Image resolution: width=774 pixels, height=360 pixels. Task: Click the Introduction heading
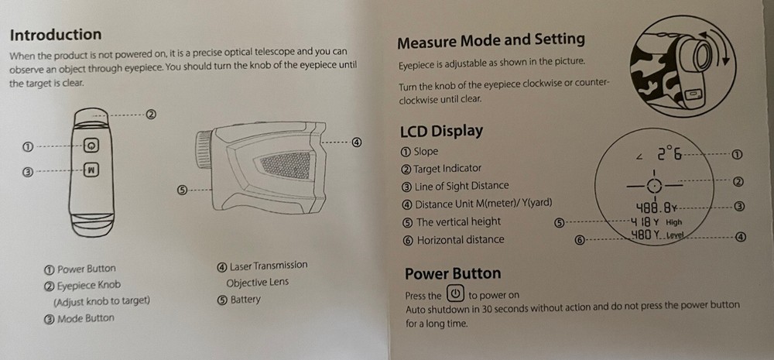(56, 35)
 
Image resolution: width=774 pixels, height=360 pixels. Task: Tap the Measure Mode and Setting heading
(491, 41)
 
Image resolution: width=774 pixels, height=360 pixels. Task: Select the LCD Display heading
(441, 132)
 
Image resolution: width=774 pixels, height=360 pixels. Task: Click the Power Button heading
(453, 273)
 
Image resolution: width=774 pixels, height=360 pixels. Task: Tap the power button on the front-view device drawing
(91, 146)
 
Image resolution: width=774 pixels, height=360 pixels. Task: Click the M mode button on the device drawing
(91, 170)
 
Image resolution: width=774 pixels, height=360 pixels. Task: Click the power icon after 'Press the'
(454, 294)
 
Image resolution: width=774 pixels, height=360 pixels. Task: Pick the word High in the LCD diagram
(673, 222)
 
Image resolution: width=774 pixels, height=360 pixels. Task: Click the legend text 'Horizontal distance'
(461, 240)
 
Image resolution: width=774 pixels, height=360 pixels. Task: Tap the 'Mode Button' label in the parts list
(85, 318)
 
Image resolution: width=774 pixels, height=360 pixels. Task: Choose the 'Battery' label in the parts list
(245, 300)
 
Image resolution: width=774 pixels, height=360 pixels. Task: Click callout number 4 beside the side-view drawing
(356, 142)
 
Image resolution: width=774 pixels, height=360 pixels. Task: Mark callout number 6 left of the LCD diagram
(580, 241)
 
